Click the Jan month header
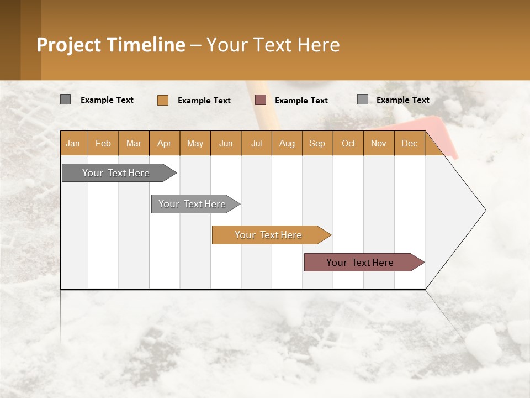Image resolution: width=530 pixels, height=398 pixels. click(73, 143)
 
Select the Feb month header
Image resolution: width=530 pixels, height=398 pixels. click(103, 143)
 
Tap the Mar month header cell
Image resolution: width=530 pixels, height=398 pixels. click(134, 143)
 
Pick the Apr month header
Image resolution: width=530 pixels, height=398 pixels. click(165, 143)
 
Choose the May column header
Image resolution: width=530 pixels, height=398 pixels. click(195, 143)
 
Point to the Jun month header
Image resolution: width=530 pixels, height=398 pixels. click(226, 143)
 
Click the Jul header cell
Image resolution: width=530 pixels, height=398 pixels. click(256, 143)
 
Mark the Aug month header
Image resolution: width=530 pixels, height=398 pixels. click(287, 143)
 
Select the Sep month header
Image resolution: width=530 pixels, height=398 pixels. click(317, 143)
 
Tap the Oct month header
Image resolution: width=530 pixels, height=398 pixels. click(348, 143)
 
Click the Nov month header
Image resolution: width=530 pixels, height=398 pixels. click(379, 143)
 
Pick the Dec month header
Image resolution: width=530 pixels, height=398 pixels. click(410, 143)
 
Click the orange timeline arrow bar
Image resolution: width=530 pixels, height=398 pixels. click(269, 235)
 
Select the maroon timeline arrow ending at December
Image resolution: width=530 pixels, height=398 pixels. click(361, 263)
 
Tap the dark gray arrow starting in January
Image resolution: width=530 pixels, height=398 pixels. click(116, 173)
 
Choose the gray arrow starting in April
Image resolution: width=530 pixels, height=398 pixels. click(193, 204)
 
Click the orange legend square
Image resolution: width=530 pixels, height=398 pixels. click(163, 100)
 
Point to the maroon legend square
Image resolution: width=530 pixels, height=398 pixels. click(261, 100)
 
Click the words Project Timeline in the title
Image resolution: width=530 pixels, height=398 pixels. click(111, 45)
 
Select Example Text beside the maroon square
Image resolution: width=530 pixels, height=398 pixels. click(301, 101)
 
